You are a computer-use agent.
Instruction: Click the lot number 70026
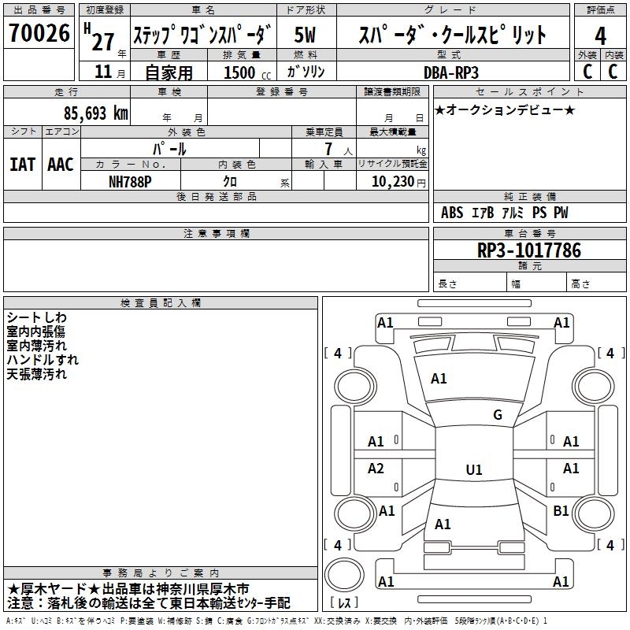pos(39,33)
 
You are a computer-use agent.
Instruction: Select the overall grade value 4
pos(600,36)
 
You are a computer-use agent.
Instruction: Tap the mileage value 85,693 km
pos(96,113)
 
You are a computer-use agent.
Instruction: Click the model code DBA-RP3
pos(451,72)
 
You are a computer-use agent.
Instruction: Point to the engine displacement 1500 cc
pos(247,72)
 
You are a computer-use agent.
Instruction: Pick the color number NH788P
pos(130,182)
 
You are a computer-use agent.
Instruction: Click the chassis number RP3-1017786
pos(529,250)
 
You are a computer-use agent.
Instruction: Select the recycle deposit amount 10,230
pos(393,182)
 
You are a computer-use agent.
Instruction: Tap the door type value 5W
pos(305,35)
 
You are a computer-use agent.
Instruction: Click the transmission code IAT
pos(22,165)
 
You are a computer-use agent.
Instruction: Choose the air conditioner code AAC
pos(61,165)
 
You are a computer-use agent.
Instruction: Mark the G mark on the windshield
pos(498,415)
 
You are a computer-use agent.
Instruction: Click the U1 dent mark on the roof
pos(474,469)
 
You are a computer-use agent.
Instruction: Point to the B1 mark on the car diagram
pos(561,510)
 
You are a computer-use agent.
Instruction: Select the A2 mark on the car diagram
pos(376,468)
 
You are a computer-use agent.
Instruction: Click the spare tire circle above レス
pos(344,574)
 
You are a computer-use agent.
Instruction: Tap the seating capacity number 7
pos(328,149)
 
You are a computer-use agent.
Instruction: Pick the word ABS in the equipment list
pos(452,213)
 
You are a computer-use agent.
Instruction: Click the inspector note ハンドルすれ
pos(43,360)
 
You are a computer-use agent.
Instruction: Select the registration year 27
pos(103,43)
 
